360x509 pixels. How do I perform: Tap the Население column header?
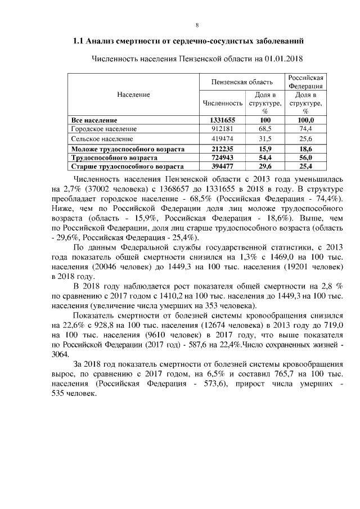[133, 94]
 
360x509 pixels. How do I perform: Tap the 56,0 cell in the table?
[305, 158]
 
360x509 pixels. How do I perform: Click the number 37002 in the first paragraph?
[96, 190]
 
